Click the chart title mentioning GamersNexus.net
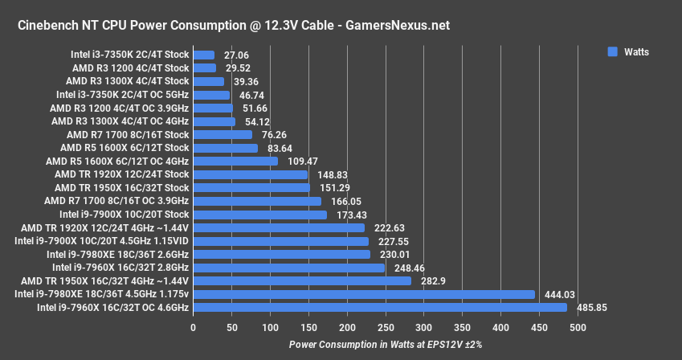coord(233,26)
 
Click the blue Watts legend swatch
coord(612,51)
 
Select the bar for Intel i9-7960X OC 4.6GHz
coord(380,307)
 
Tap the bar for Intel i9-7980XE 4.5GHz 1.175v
coord(364,294)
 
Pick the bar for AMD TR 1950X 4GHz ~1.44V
coord(302,280)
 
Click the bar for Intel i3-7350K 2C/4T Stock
coord(204,55)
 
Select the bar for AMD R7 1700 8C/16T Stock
coord(223,135)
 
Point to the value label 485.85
coord(593,307)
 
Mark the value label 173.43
coord(350,215)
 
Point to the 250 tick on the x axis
coord(386,327)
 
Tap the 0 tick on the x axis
coord(193,327)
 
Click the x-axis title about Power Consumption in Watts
coord(386,344)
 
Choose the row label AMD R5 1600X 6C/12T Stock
coord(125,148)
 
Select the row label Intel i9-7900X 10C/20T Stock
coord(125,215)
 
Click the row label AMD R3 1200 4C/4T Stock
coord(131,68)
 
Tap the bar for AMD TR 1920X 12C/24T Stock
coord(251,174)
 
